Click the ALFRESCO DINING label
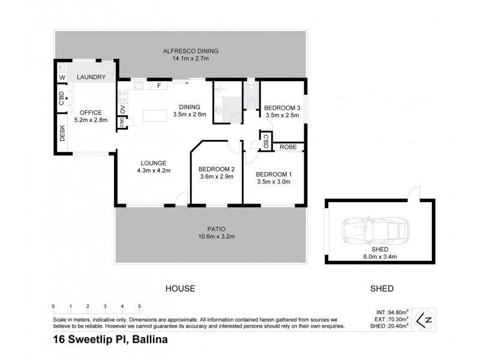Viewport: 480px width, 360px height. coord(181,51)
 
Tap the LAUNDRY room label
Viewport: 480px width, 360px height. coord(92,77)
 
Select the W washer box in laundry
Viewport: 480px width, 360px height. coord(62,78)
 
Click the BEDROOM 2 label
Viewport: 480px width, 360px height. coord(216,169)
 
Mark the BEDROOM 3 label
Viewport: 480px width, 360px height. coord(281,108)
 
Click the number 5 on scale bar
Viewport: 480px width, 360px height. coord(139,306)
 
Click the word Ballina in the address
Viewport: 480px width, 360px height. coord(147,340)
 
